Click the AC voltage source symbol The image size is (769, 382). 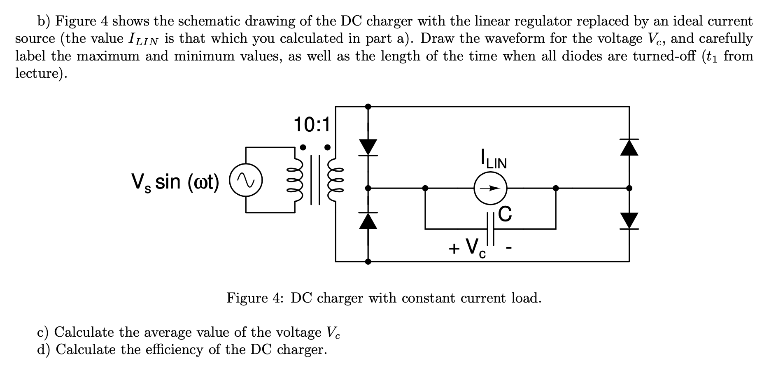(246, 180)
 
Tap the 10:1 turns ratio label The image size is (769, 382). (312, 125)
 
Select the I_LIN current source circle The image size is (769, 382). (490, 188)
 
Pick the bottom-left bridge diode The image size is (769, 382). (368, 221)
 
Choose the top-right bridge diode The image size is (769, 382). (629, 147)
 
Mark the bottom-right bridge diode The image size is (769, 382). (629, 221)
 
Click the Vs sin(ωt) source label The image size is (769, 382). (175, 182)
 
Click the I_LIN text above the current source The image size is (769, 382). (494, 159)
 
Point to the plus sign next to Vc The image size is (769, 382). (454, 248)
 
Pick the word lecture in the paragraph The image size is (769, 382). (38, 73)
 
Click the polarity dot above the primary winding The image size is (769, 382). (303, 147)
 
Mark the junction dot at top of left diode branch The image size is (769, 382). (368, 106)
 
